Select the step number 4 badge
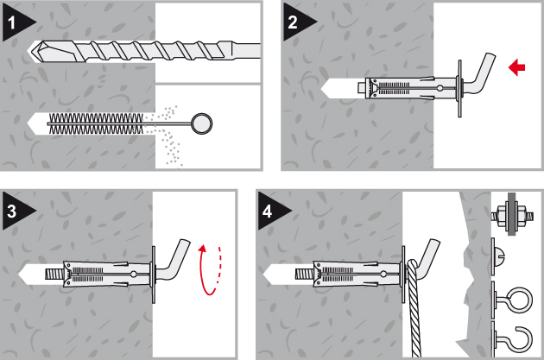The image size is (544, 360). tap(269, 211)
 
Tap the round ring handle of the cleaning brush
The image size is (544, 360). tap(201, 123)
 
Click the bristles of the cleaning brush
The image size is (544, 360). tap(96, 123)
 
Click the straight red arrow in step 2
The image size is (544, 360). tap(517, 67)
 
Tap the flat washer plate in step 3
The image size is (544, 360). tap(153, 274)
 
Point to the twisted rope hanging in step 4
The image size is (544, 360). tap(414, 309)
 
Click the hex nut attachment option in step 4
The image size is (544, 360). tap(512, 215)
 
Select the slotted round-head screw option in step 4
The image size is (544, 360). tap(499, 256)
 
